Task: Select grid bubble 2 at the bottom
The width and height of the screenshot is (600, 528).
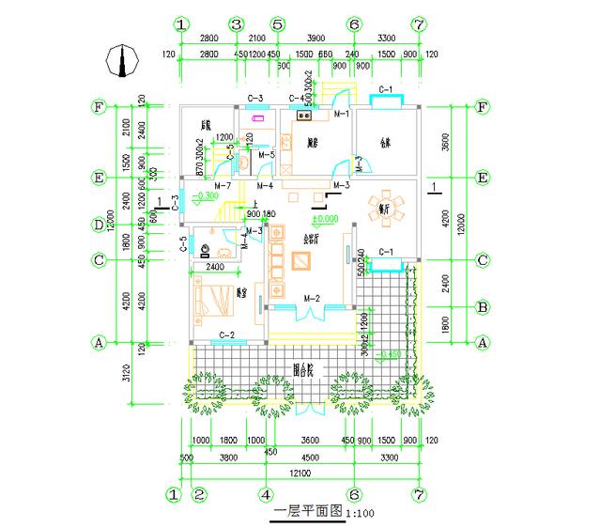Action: (x=199, y=492)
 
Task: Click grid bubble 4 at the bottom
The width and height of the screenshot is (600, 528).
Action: (x=267, y=492)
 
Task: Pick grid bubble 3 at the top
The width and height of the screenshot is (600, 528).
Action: (x=237, y=23)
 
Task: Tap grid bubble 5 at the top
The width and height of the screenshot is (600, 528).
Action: (x=276, y=23)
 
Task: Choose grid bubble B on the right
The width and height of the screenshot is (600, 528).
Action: (x=483, y=306)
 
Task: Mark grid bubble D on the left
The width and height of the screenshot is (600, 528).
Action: (x=97, y=225)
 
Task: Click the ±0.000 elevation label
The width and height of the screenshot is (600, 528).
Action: (x=326, y=219)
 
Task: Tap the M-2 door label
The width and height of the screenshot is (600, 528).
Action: (x=312, y=299)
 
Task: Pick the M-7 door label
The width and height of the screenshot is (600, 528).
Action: (x=223, y=186)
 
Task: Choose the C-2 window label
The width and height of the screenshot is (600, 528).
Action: (x=226, y=335)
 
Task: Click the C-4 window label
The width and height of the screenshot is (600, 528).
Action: (x=297, y=98)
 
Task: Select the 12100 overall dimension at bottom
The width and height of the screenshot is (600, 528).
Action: (x=300, y=471)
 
